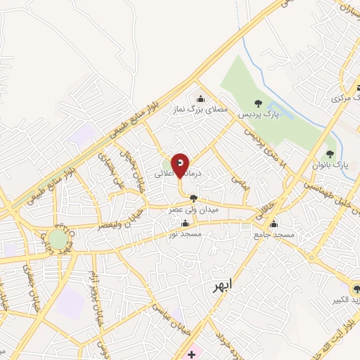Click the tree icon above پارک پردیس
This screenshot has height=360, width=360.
point(257,103)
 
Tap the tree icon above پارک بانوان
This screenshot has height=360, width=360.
point(330,154)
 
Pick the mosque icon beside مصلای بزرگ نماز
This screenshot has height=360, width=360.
point(200,98)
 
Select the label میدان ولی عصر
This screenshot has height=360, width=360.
point(194,209)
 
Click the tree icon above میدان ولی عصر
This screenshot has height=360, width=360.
point(194,199)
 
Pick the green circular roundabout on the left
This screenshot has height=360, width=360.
point(58,240)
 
